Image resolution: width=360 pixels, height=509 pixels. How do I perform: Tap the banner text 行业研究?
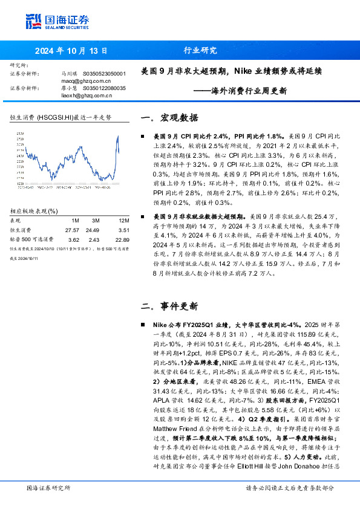pyautogui.click(x=200, y=51)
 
